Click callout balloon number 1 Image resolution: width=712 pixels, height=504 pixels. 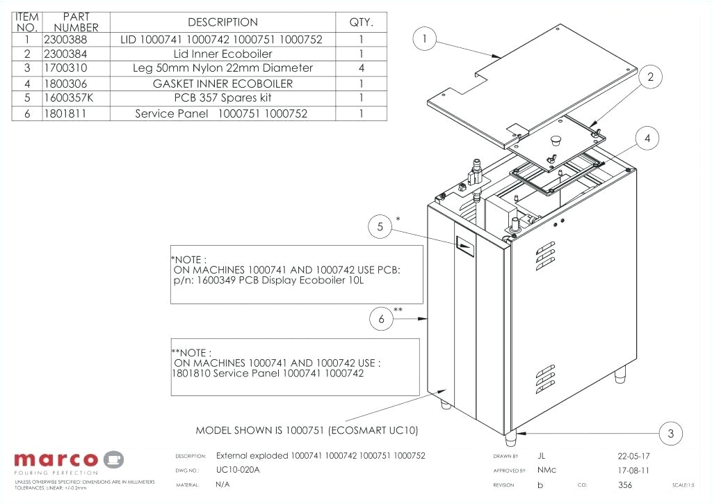(x=425, y=39)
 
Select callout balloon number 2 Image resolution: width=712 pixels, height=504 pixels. (x=650, y=78)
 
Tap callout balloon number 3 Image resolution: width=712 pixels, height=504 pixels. (x=670, y=434)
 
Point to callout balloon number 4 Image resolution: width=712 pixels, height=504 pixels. (x=647, y=139)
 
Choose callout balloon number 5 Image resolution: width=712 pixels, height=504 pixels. (x=380, y=227)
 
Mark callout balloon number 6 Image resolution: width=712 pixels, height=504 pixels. (x=381, y=320)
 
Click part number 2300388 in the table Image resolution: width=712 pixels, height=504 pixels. (x=65, y=40)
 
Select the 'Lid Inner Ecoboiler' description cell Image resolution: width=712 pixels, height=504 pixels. (x=222, y=54)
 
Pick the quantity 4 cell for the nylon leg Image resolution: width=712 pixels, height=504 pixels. (x=361, y=68)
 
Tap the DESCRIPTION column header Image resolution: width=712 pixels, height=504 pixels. (x=222, y=22)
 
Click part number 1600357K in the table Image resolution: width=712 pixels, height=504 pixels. (x=68, y=98)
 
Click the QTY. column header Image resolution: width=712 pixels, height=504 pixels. (x=361, y=22)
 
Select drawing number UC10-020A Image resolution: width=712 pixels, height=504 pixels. (x=238, y=471)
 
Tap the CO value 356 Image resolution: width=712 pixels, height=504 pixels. (x=625, y=485)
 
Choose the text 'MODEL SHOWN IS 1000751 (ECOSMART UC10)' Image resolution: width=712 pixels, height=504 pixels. (x=307, y=430)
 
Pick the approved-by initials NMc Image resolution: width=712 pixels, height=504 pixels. (x=547, y=471)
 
